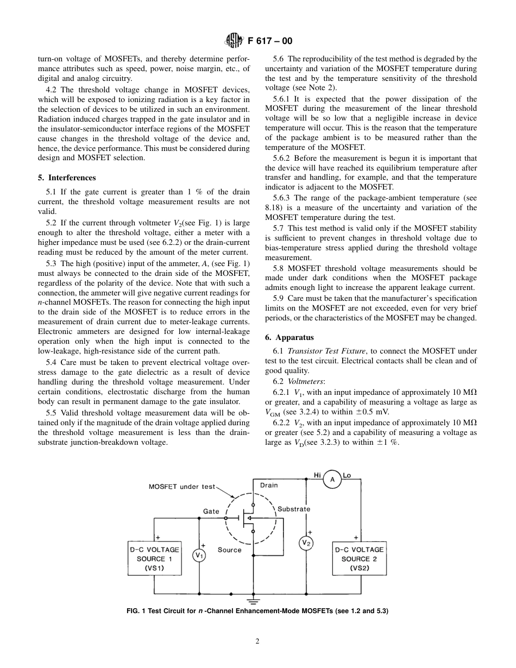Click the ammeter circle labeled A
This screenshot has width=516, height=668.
(332, 480)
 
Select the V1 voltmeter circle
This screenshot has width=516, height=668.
(199, 555)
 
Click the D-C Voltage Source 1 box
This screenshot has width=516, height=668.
(154, 558)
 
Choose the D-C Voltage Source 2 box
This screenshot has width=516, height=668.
(359, 558)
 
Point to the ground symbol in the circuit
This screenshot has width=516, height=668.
(252, 600)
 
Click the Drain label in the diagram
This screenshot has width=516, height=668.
(269, 485)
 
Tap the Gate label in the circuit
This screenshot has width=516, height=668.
(211, 511)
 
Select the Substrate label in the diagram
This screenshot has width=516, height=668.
(294, 509)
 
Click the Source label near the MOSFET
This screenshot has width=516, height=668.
(229, 550)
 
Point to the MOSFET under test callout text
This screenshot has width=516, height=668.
(182, 487)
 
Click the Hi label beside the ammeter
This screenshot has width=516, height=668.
(317, 475)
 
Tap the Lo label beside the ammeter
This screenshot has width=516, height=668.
(347, 475)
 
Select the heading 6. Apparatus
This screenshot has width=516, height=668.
(290, 337)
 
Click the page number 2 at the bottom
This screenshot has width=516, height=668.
(257, 641)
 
